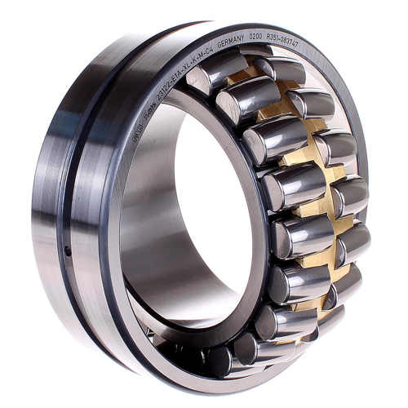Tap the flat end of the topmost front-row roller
click(x=198, y=80)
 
